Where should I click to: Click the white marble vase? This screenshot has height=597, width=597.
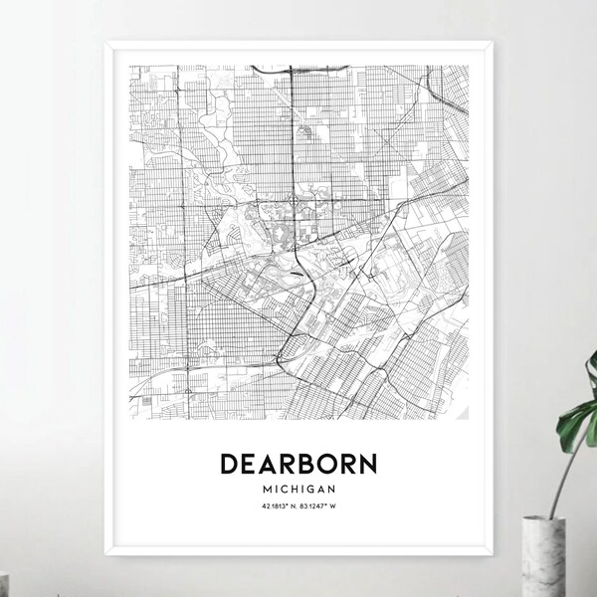click(x=563, y=571)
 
